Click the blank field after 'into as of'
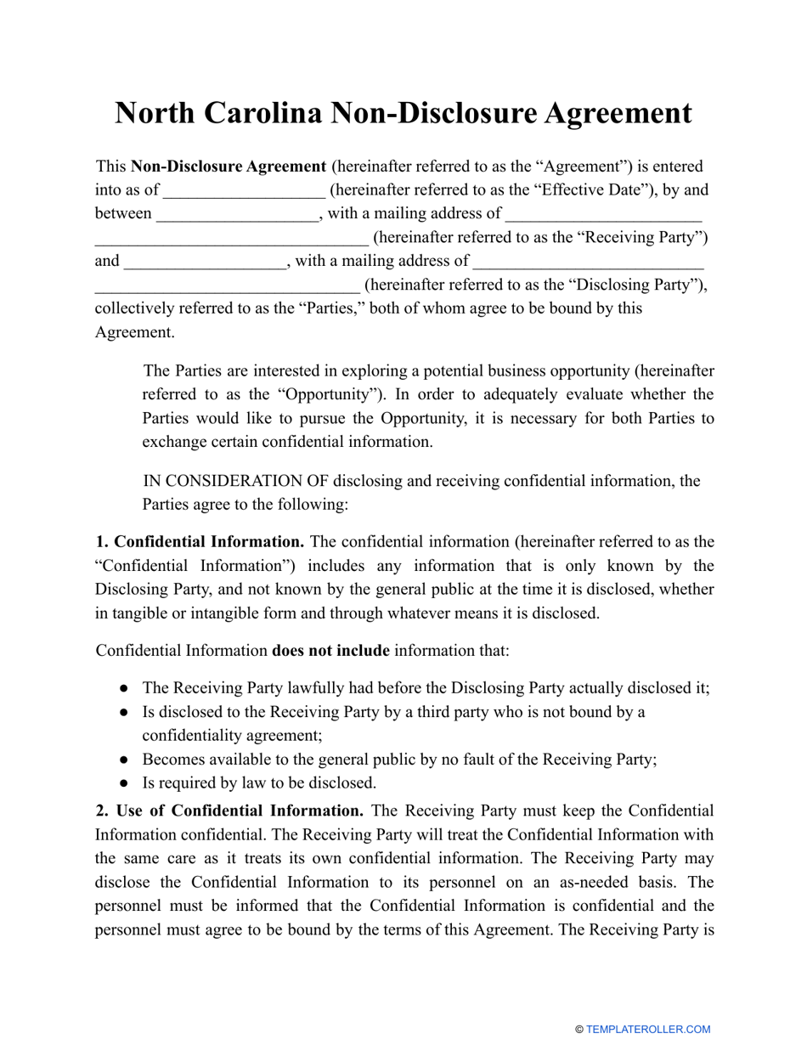(244, 190)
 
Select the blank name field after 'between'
(238, 214)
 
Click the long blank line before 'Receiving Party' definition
(231, 238)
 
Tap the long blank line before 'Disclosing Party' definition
(227, 285)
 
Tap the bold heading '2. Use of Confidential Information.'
(230, 811)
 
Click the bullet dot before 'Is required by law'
(125, 783)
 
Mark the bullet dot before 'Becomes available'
(125, 760)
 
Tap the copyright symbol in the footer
(579, 1030)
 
